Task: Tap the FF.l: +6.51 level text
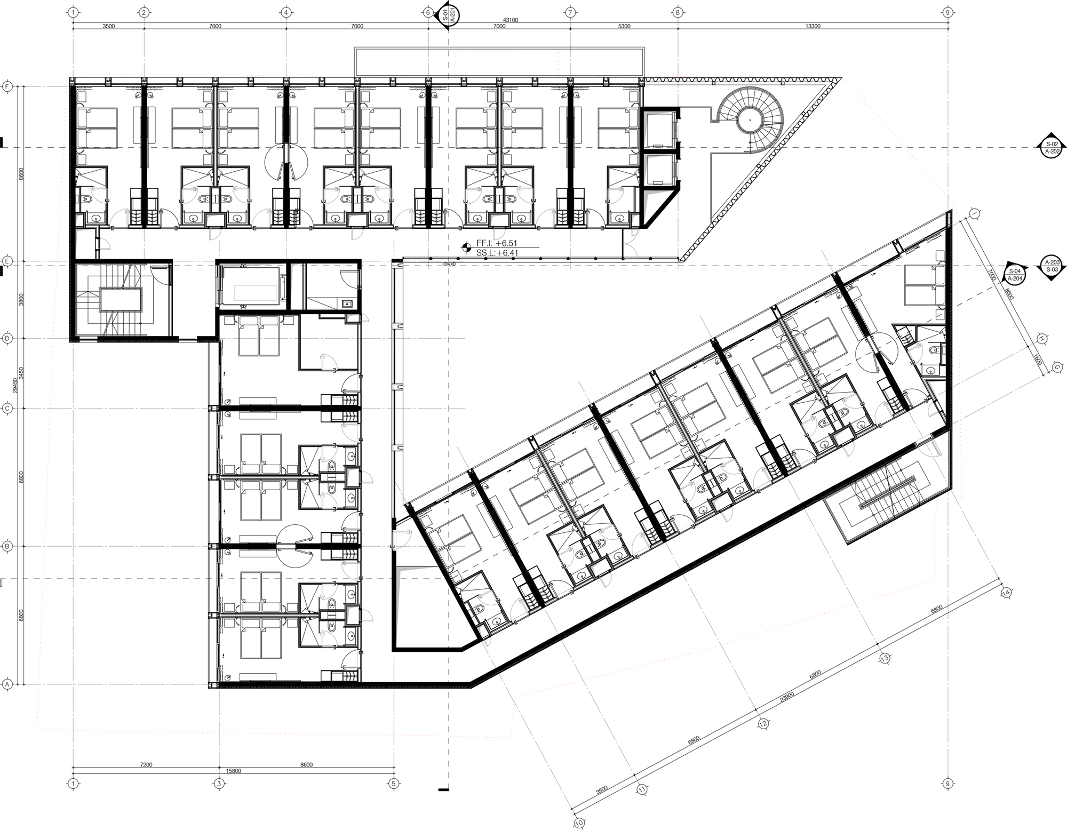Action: click(x=497, y=243)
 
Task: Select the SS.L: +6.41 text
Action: click(x=497, y=253)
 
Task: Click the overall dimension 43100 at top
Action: click(x=511, y=20)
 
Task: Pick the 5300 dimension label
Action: click(x=623, y=26)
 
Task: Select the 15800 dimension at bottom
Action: click(x=233, y=770)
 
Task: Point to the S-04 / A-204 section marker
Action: click(x=1015, y=275)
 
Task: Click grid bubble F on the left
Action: click(x=7, y=86)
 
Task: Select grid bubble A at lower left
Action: click(x=7, y=684)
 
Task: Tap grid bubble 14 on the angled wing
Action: click(x=1006, y=593)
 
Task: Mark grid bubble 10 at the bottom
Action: click(x=579, y=823)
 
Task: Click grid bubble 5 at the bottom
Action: click(x=394, y=784)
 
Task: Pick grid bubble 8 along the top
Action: click(x=677, y=12)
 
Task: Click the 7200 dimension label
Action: click(x=146, y=764)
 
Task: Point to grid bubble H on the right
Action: click(x=1040, y=338)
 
